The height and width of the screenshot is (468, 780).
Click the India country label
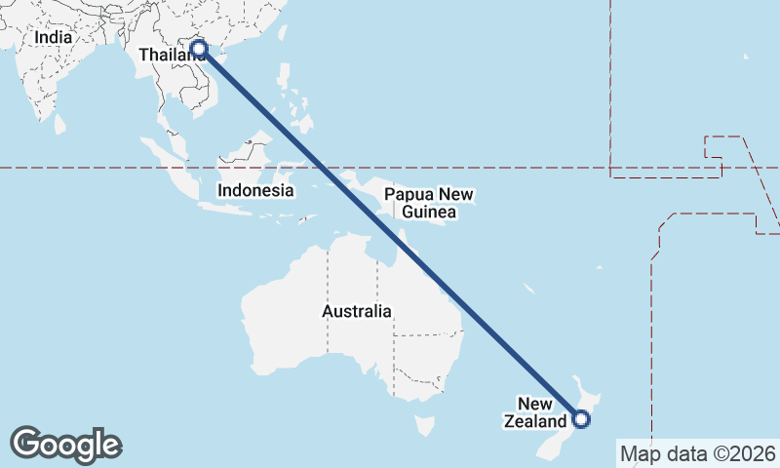53,37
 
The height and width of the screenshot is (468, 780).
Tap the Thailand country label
172,55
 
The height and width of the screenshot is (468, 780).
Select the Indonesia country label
255,190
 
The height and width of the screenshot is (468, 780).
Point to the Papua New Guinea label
429,203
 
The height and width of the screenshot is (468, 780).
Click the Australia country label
357,312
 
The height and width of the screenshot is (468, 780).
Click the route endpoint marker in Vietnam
199,49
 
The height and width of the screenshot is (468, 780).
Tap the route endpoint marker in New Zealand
581,419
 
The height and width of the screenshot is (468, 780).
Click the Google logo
66,445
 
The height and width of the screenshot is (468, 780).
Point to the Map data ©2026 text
697,453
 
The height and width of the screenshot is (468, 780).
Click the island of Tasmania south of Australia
424,426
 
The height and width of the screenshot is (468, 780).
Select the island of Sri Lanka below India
59,124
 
